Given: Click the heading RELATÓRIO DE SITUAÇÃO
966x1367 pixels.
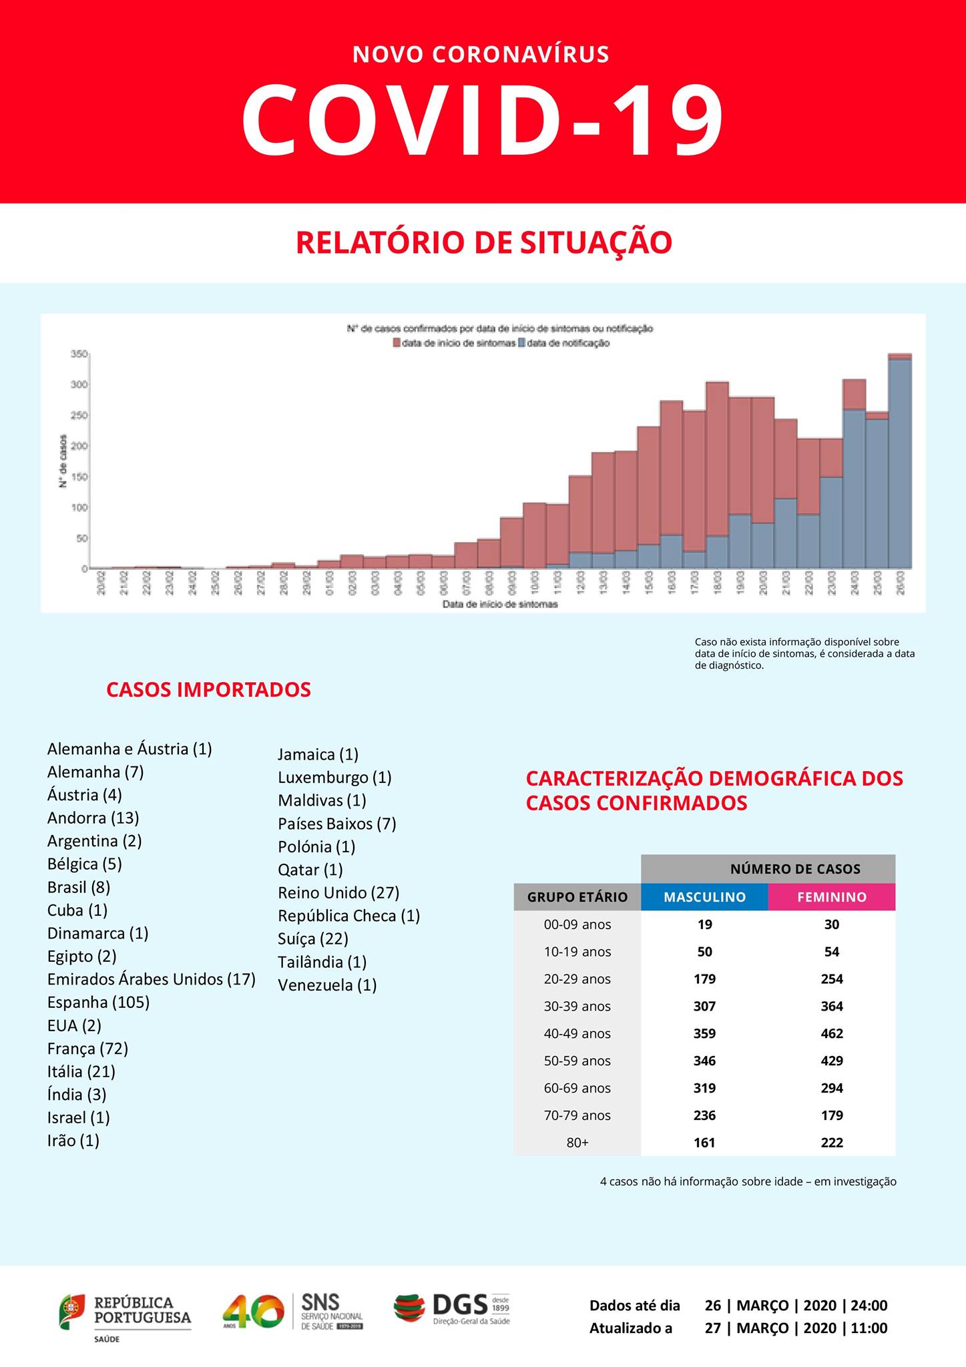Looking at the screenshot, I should [483, 242].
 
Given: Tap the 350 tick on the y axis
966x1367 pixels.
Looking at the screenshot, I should [79, 354].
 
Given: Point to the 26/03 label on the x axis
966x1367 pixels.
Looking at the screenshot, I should [901, 583].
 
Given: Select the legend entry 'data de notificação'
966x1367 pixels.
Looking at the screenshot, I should [567, 343].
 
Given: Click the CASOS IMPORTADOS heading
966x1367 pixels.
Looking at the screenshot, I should [208, 690].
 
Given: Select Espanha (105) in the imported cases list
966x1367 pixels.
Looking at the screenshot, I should [98, 1002].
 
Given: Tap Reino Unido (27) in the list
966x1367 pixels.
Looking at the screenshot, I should [338, 892].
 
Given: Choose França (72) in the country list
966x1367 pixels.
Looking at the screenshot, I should [87, 1048].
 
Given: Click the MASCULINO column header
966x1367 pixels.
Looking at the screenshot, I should [704, 897].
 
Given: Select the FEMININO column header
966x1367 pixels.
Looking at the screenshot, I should [831, 897].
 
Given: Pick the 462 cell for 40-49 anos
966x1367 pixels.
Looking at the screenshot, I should [832, 1033].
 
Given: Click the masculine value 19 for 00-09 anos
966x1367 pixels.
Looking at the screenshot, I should [704, 924].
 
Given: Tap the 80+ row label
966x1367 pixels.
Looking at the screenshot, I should [577, 1142].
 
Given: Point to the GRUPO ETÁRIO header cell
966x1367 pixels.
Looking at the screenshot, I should [577, 897].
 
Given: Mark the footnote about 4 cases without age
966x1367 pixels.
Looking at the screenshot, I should [748, 1181].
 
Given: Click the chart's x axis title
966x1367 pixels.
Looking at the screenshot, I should [500, 604].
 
